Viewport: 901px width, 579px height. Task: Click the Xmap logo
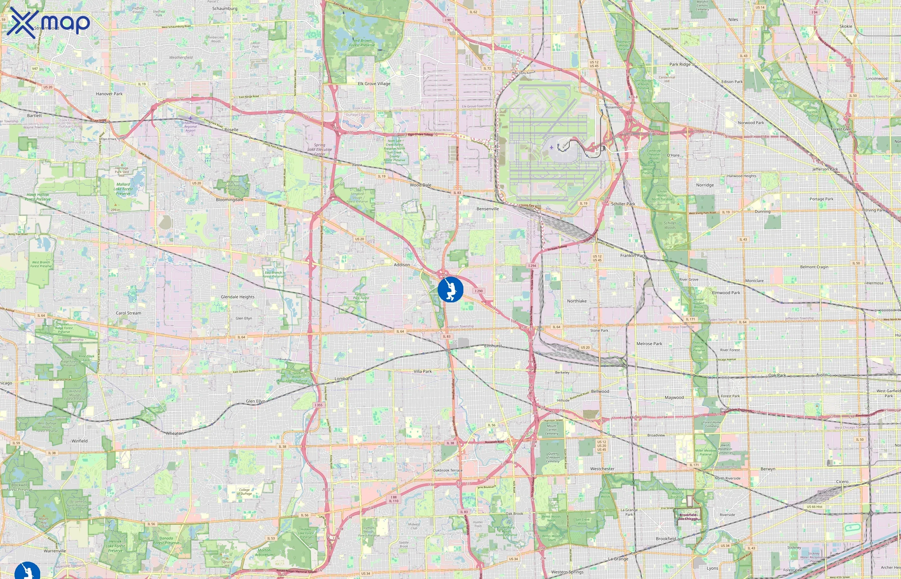48,23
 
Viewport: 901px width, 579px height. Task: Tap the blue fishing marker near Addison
450,289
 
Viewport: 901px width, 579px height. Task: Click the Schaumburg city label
225,9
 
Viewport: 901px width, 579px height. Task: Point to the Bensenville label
488,209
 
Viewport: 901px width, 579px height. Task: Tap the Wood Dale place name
421,185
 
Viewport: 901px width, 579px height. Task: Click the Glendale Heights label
238,297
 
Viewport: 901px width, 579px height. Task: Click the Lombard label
343,379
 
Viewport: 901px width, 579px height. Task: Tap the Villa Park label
423,372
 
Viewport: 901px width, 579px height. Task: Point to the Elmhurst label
493,346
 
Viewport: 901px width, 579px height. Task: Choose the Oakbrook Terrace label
448,470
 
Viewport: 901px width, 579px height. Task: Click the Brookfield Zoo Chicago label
688,517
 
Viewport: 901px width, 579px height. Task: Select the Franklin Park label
633,256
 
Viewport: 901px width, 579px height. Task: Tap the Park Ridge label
680,64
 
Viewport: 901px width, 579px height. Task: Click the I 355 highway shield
319,405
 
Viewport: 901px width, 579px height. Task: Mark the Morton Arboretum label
264,552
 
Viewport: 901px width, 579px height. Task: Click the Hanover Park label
109,94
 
